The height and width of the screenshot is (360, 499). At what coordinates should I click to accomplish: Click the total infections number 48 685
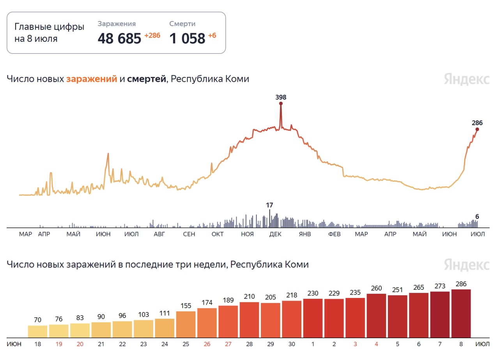point(119,39)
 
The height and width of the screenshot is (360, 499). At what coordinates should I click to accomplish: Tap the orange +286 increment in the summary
point(152,35)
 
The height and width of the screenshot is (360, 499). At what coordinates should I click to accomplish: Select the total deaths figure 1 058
point(187,39)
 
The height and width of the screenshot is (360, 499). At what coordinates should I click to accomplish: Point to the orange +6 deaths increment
point(212,35)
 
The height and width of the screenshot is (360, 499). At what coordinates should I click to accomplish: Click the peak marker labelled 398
point(281,103)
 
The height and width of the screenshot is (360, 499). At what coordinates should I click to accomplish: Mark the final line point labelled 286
point(477,129)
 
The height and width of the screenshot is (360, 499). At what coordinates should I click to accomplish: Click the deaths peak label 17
point(269,205)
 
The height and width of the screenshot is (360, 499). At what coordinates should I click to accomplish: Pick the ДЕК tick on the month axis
point(275,234)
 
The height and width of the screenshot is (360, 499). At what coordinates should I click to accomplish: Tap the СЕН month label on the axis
point(189,234)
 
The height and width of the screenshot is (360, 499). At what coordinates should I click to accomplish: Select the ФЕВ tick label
point(334,234)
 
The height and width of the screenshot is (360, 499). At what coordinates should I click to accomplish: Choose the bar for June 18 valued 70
point(37,332)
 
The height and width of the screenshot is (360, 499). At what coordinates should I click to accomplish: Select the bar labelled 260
point(376,316)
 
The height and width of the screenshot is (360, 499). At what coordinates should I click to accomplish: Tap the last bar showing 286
point(461,313)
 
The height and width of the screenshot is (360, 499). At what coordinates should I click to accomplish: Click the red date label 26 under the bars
point(207,344)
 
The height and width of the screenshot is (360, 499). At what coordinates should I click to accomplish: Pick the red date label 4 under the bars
point(376,344)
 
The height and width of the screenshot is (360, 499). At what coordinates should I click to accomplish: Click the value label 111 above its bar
point(165,313)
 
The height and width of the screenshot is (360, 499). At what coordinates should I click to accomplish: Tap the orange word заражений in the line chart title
point(92,79)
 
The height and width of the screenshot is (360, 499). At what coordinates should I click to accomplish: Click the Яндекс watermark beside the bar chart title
point(467,265)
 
